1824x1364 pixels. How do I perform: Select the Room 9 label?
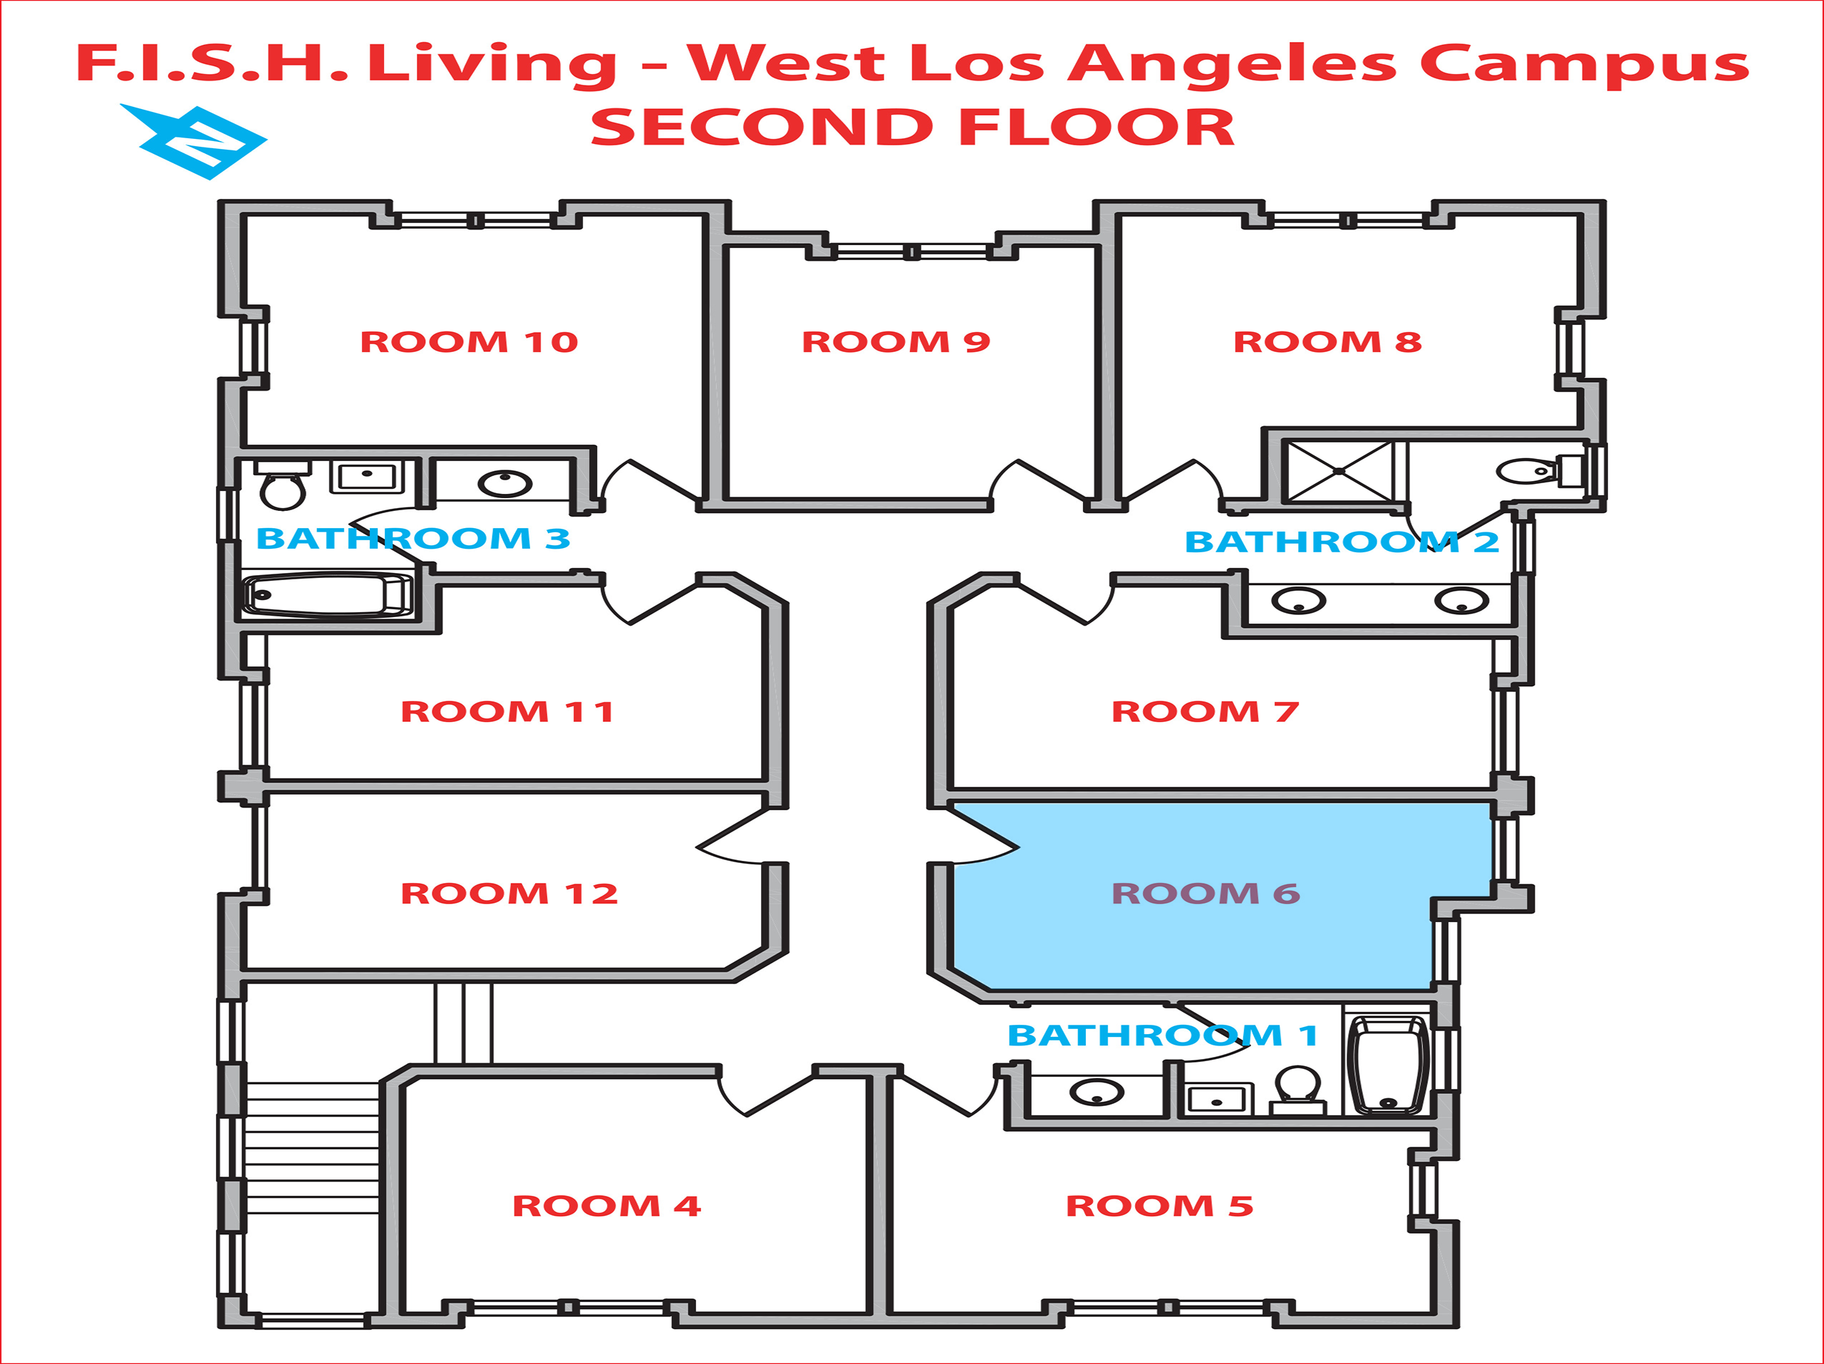pyautogui.click(x=896, y=341)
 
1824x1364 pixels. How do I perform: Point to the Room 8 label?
pyautogui.click(x=1327, y=341)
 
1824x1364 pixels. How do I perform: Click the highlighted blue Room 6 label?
pyautogui.click(x=1206, y=893)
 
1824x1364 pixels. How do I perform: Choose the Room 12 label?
pyautogui.click(x=509, y=893)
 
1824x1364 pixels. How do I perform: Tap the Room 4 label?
pyautogui.click(x=606, y=1206)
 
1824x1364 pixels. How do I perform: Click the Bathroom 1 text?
pyautogui.click(x=1163, y=1035)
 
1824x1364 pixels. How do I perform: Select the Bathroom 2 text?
pyautogui.click(x=1342, y=542)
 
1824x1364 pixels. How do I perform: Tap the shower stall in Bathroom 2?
pyautogui.click(x=1339, y=471)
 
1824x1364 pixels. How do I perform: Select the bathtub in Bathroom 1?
pyautogui.click(x=1388, y=1064)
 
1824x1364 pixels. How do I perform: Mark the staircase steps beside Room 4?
pyautogui.click(x=311, y=1147)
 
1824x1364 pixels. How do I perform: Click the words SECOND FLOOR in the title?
pyautogui.click(x=912, y=128)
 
